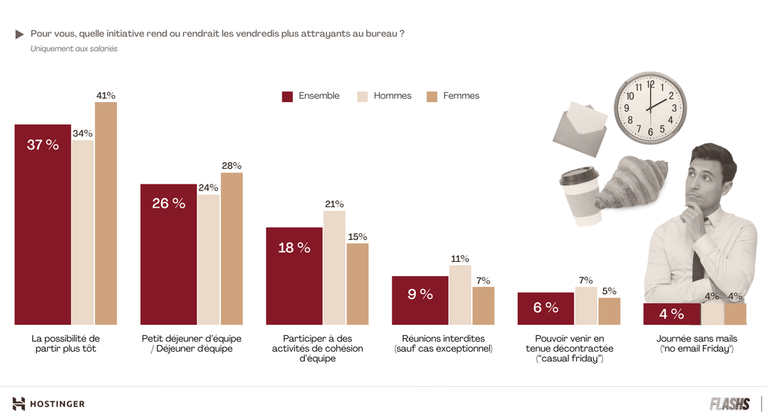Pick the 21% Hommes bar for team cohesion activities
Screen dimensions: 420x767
click(x=334, y=267)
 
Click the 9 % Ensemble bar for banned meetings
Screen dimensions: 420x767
click(x=420, y=300)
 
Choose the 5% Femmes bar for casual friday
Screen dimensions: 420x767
click(x=609, y=310)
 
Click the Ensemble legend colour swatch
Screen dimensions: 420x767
click(x=287, y=96)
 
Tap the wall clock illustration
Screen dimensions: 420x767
click(x=650, y=106)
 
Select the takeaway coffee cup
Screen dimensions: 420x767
click(x=580, y=196)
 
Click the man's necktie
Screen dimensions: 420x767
click(x=699, y=259)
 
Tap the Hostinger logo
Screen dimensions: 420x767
click(x=49, y=404)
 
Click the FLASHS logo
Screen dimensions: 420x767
click(x=730, y=404)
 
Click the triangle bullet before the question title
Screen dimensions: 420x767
click(x=20, y=34)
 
